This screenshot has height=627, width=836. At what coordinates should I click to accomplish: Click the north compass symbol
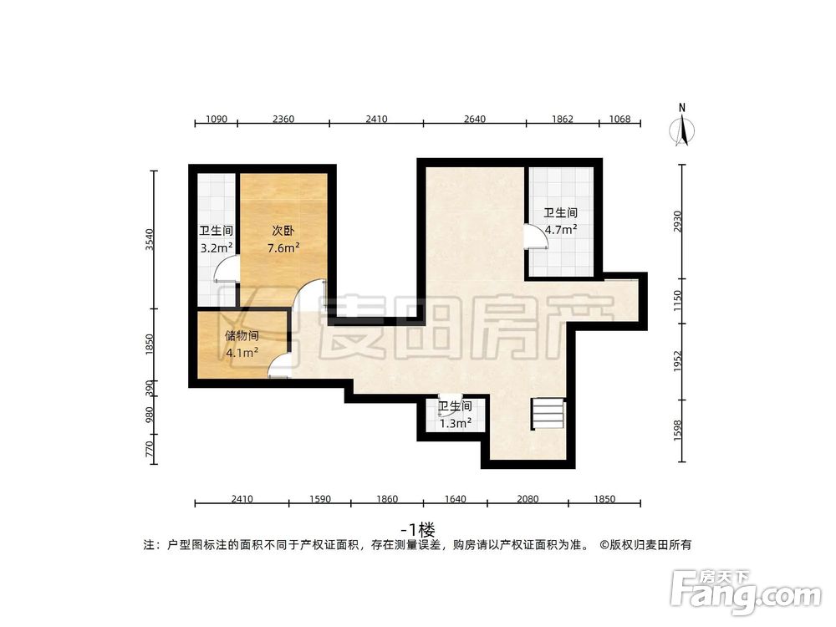[682, 128]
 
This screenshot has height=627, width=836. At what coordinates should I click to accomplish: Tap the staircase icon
[548, 415]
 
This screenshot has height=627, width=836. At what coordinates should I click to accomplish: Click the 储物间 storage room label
[241, 336]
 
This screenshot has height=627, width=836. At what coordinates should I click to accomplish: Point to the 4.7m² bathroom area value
[561, 229]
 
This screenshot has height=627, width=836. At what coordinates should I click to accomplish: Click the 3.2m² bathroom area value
[216, 248]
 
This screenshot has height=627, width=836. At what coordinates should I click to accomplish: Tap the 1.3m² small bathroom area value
[456, 422]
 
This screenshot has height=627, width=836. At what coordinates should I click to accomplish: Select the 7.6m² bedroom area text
[283, 248]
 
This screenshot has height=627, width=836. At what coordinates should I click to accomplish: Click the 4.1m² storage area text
[241, 353]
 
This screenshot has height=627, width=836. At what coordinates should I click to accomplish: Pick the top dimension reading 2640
[474, 119]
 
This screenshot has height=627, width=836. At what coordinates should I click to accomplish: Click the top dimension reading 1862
[563, 119]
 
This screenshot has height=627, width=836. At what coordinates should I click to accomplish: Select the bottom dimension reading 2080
[528, 499]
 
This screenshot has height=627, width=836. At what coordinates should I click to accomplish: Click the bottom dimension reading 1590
[319, 499]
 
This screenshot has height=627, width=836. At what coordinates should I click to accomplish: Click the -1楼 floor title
[418, 529]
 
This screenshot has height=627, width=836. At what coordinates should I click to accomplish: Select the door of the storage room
[279, 363]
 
